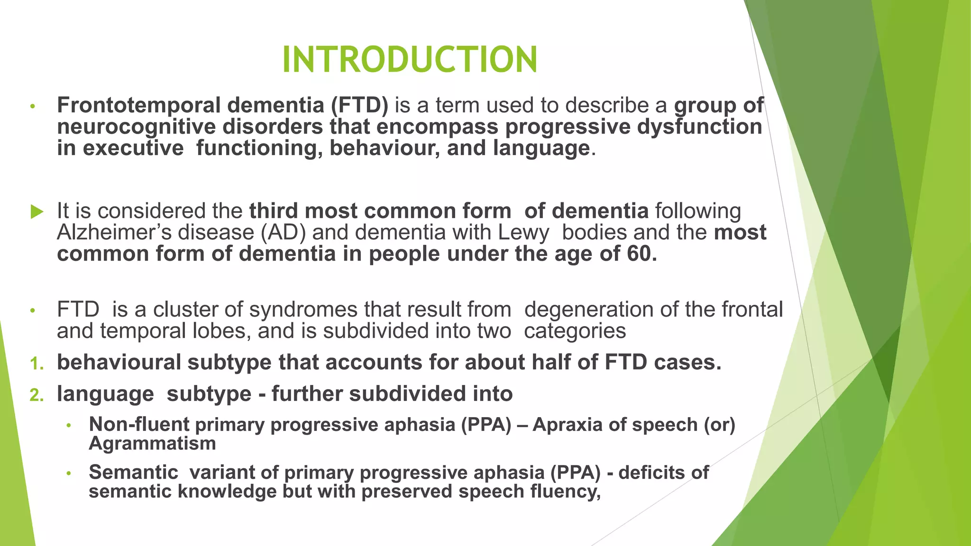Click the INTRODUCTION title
(410, 60)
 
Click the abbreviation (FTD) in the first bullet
(359, 105)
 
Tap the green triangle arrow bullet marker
(37, 211)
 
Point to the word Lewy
(523, 233)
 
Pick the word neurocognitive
(136, 127)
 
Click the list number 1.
(37, 364)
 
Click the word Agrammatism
(152, 444)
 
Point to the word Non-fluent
(139, 424)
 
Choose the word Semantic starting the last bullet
(133, 473)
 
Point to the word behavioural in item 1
(119, 363)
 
